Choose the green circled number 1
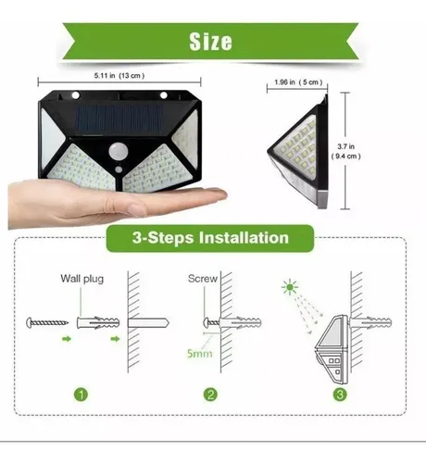coord(82,395)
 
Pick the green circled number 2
coord(212,395)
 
